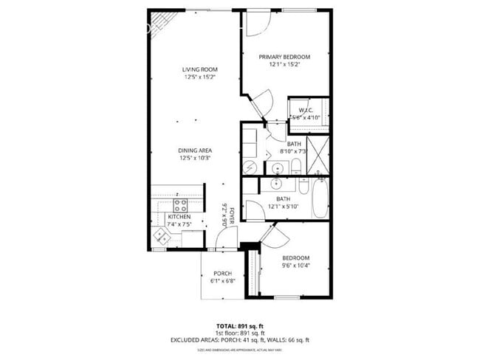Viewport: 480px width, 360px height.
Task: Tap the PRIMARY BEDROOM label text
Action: click(x=284, y=57)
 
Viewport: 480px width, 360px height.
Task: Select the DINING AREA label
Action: click(x=195, y=150)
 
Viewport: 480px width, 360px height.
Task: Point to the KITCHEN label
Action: click(x=179, y=217)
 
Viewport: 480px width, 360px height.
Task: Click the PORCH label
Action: click(x=223, y=273)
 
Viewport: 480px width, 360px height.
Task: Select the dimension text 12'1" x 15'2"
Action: click(x=284, y=64)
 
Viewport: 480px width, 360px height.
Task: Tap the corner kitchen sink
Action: click(x=161, y=235)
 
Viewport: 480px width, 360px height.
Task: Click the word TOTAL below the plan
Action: click(x=226, y=325)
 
